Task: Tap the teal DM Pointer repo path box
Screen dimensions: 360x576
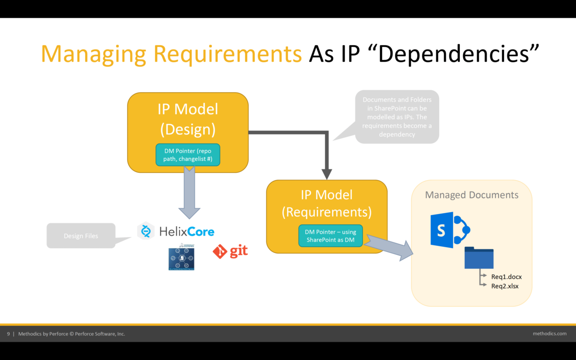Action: (x=188, y=154)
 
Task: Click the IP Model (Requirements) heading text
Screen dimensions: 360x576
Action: (x=327, y=203)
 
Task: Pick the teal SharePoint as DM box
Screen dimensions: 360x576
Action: (x=330, y=236)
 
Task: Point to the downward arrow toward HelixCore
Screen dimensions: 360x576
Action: (x=189, y=192)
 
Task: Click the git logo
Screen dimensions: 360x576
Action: (x=231, y=251)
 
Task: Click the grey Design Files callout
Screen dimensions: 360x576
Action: (x=81, y=236)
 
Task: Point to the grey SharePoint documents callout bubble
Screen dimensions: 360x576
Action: (x=397, y=117)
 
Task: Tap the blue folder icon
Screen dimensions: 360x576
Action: (x=479, y=258)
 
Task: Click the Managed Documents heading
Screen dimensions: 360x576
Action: (x=471, y=195)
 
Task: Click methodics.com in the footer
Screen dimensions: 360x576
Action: (x=549, y=334)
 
